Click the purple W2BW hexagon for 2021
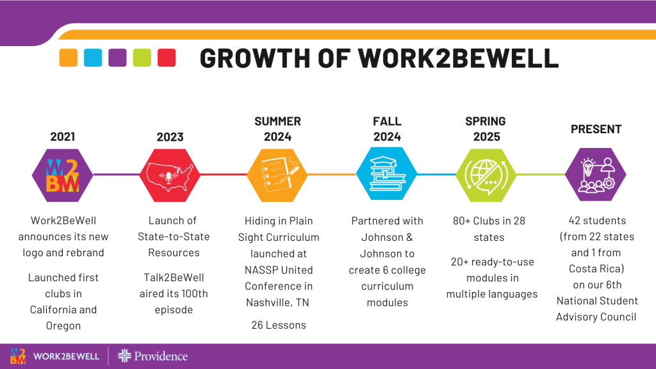[62, 175]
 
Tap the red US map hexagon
[169, 175]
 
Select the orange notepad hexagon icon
[277, 175]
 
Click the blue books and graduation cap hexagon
[386, 174]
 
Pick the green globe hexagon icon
[486, 175]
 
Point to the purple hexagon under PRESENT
[596, 174]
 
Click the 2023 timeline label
[170, 137]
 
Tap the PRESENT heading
[596, 129]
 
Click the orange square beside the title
[68, 58]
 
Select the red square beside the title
[167, 58]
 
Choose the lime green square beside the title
[142, 58]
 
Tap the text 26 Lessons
[279, 325]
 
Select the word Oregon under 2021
[63, 326]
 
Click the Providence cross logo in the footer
[124, 356]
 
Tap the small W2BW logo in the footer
[18, 356]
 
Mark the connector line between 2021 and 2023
[117, 174]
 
